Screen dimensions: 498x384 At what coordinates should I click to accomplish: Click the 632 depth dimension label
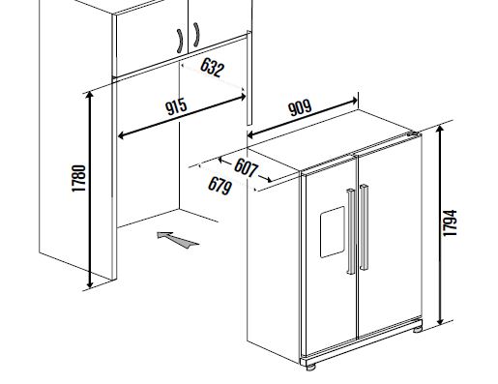point(212,68)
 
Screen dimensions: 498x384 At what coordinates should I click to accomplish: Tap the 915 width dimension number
point(176,106)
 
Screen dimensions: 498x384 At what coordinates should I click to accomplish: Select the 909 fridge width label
point(300,107)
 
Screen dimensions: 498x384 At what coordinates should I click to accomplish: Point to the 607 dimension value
point(246,168)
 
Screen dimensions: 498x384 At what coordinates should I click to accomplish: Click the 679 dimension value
point(220,186)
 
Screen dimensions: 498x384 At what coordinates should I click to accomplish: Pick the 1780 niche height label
point(79,178)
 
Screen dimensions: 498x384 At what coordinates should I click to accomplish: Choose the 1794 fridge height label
point(450,222)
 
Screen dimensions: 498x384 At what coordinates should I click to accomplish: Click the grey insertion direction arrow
point(177,240)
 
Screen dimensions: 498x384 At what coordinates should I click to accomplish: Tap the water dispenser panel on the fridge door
point(333,232)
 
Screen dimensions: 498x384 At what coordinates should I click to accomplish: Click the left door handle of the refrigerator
point(351,231)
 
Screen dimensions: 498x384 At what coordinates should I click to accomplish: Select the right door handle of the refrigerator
point(364,227)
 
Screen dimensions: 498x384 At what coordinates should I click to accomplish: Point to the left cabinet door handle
point(180,41)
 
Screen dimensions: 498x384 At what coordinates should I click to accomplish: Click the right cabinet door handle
point(196,35)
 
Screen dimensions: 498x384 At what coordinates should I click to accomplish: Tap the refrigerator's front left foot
point(310,368)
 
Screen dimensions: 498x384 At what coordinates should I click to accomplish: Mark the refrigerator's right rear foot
point(418,330)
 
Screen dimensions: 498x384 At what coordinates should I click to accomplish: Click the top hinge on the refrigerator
point(414,133)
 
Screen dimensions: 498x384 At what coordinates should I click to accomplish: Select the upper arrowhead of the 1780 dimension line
point(90,94)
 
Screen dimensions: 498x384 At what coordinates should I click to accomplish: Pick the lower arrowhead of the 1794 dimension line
point(440,321)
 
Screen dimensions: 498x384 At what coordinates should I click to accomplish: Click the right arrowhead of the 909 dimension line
point(354,101)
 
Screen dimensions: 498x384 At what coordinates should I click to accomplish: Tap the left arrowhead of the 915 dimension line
point(121,135)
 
